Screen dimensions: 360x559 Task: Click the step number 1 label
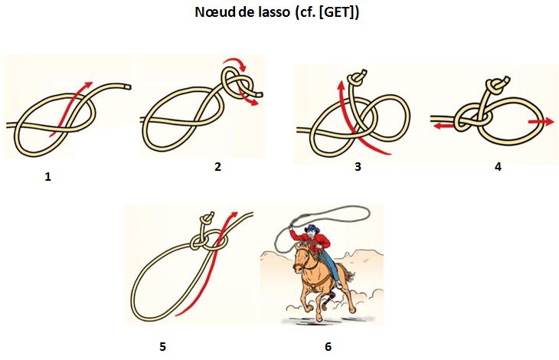pyautogui.click(x=48, y=177)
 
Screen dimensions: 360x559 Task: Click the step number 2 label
pyautogui.click(x=218, y=166)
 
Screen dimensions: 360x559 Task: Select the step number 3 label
pyautogui.click(x=358, y=167)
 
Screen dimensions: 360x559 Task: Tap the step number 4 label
pyautogui.click(x=498, y=167)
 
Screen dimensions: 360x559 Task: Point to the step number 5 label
pyautogui.click(x=162, y=346)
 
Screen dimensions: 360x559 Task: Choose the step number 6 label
pyautogui.click(x=328, y=346)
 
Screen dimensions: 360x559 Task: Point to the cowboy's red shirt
pyautogui.click(x=319, y=244)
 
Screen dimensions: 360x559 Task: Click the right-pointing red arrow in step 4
pyautogui.click(x=541, y=121)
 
